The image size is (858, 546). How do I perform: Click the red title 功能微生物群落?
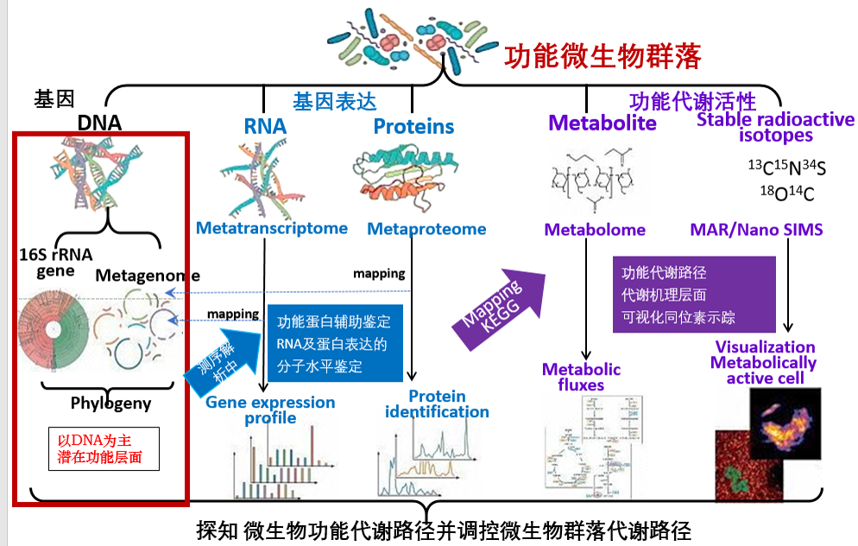click(602, 56)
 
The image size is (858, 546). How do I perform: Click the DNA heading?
click(99, 123)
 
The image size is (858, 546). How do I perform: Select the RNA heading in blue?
click(265, 127)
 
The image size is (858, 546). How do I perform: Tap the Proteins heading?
click(413, 127)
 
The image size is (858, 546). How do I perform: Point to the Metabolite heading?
click(602, 123)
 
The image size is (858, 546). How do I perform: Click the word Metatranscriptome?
click(271, 228)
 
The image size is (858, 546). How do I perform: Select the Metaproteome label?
click(426, 229)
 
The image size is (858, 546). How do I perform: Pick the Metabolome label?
click(595, 230)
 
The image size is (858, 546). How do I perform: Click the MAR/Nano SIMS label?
click(756, 230)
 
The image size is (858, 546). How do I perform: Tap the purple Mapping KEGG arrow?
click(501, 311)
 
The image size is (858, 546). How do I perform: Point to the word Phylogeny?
click(110, 403)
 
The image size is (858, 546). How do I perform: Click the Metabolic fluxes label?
click(581, 377)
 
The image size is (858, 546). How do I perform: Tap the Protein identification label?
click(437, 403)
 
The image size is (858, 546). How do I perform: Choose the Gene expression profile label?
click(270, 410)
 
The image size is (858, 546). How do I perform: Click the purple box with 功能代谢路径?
click(678, 295)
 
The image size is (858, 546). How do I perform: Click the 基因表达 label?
click(335, 101)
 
